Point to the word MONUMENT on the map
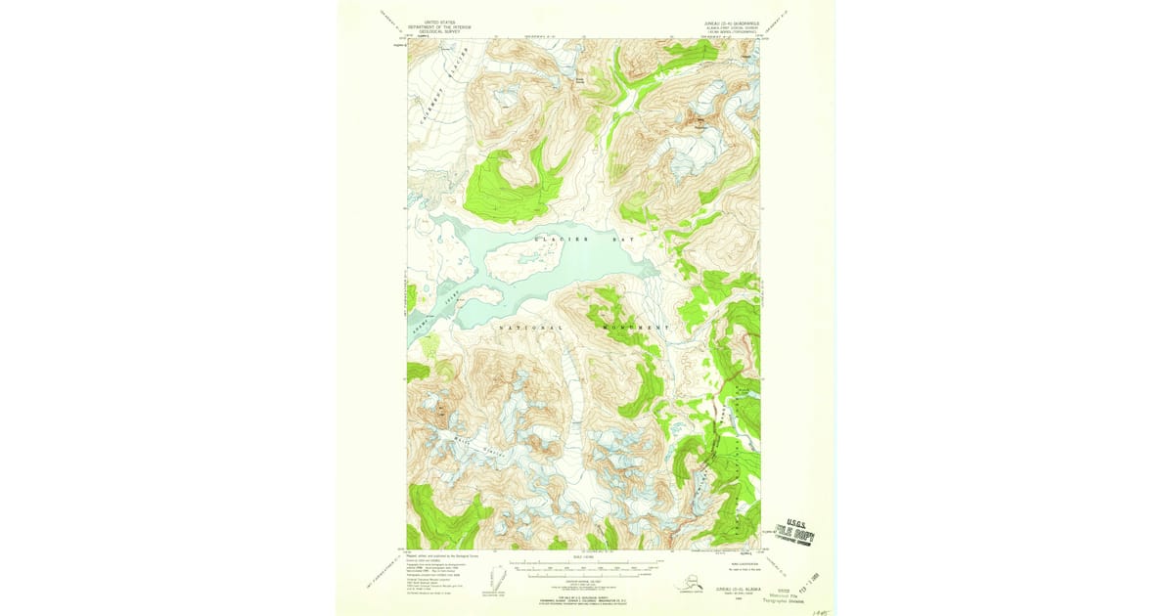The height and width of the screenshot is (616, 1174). coord(637,327)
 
